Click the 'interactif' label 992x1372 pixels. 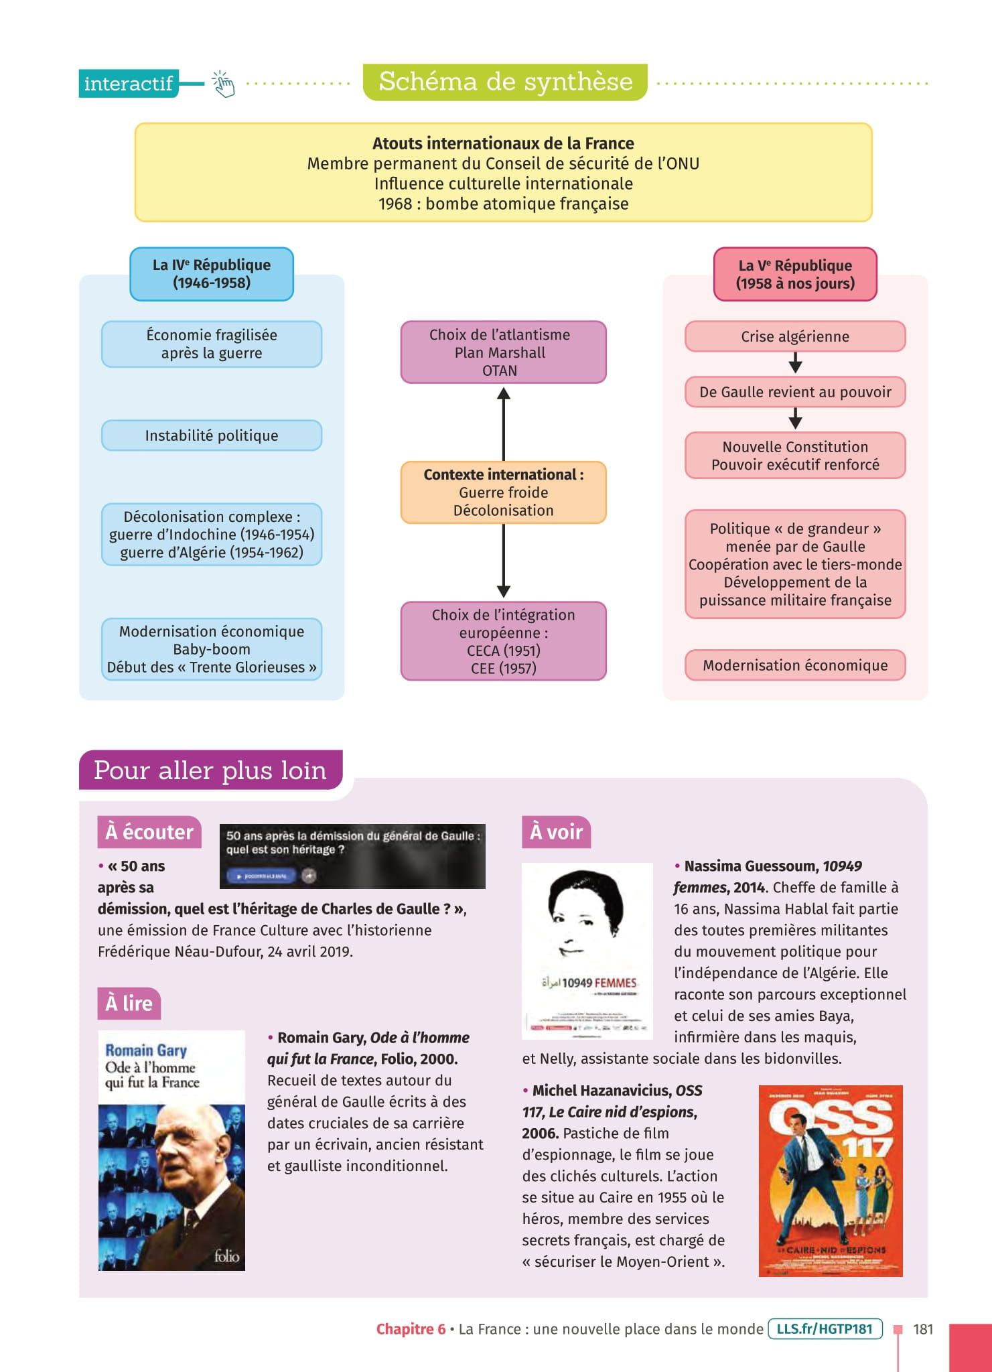pyautogui.click(x=128, y=84)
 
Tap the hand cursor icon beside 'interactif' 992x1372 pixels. pyautogui.click(x=224, y=84)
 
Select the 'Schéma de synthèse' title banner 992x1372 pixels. pyautogui.click(x=505, y=82)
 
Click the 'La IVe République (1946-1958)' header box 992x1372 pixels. pyautogui.click(x=212, y=274)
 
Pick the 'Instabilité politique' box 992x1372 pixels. pyautogui.click(x=212, y=435)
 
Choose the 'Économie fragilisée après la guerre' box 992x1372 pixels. pyautogui.click(x=212, y=344)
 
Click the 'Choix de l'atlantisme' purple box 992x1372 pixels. pyautogui.click(x=503, y=352)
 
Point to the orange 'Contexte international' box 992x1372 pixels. pyautogui.click(x=503, y=492)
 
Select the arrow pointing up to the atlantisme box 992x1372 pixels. pyautogui.click(x=504, y=422)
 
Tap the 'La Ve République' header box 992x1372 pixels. pyautogui.click(x=795, y=274)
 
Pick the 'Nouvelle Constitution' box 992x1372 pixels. pyautogui.click(x=795, y=456)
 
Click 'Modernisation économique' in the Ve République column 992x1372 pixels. pyautogui.click(x=795, y=665)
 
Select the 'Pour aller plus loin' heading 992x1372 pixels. pyautogui.click(x=210, y=770)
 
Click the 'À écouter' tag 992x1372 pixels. pyautogui.click(x=149, y=832)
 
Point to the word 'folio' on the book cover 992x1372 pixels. pyautogui.click(x=226, y=1256)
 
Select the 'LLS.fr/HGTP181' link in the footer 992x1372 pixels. pyautogui.click(x=825, y=1328)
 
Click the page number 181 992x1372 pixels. pyautogui.click(x=922, y=1329)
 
